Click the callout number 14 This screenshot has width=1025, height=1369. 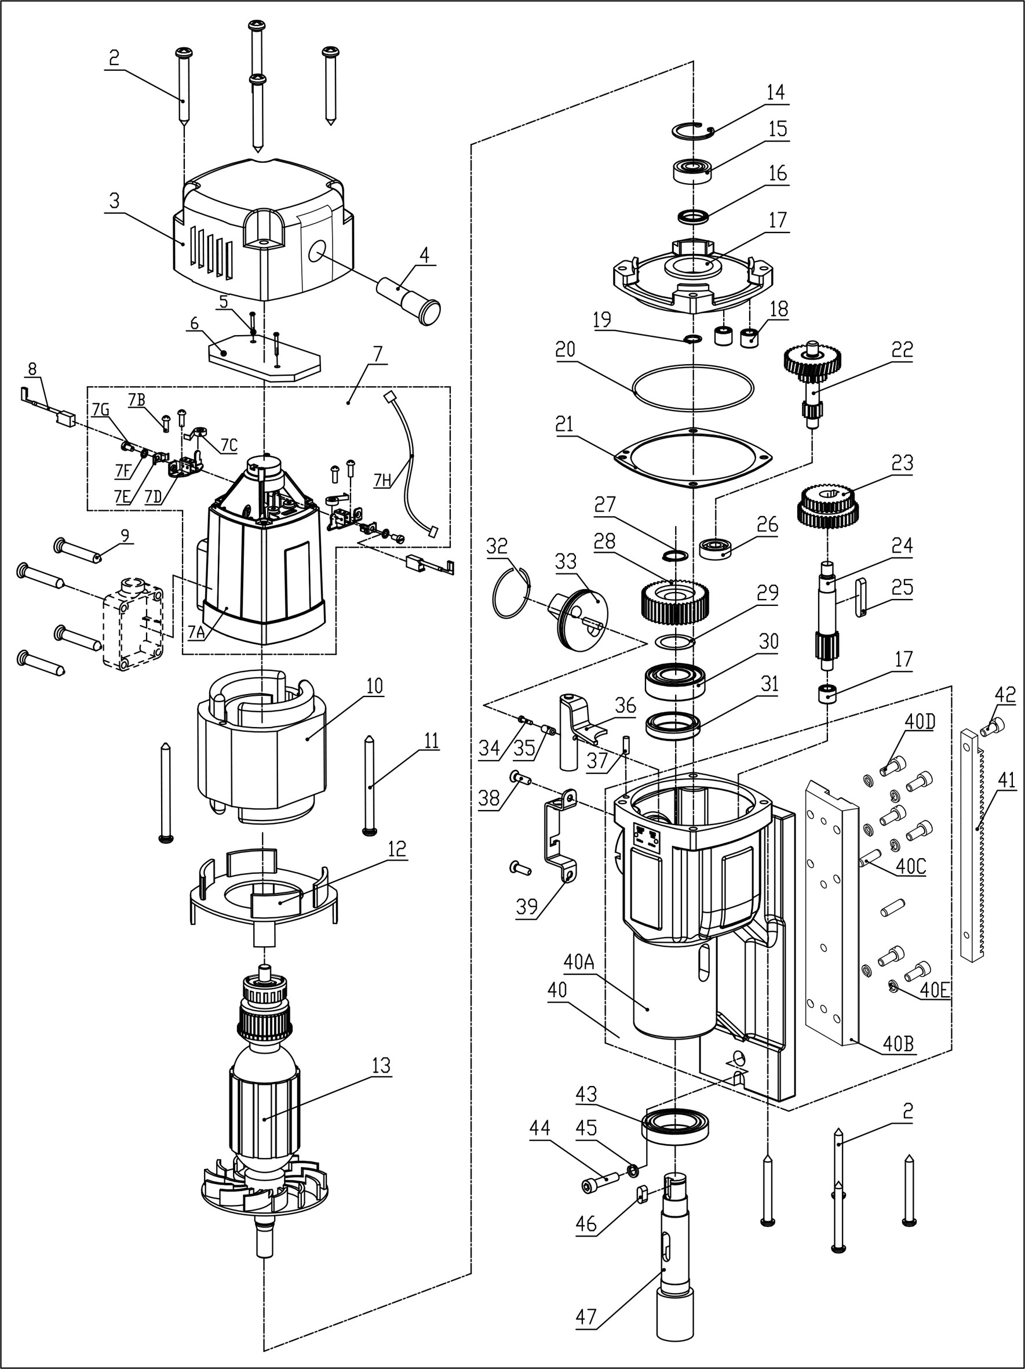(775, 92)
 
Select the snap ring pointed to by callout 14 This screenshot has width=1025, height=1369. (692, 131)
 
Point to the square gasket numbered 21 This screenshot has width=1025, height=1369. (622, 457)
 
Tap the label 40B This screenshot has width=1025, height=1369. (898, 1044)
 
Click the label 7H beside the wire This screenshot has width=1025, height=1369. (382, 480)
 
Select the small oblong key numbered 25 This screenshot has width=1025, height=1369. (860, 596)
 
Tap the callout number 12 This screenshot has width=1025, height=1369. (396, 848)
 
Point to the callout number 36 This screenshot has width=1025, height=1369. (625, 705)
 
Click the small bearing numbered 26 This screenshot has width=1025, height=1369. (715, 549)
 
